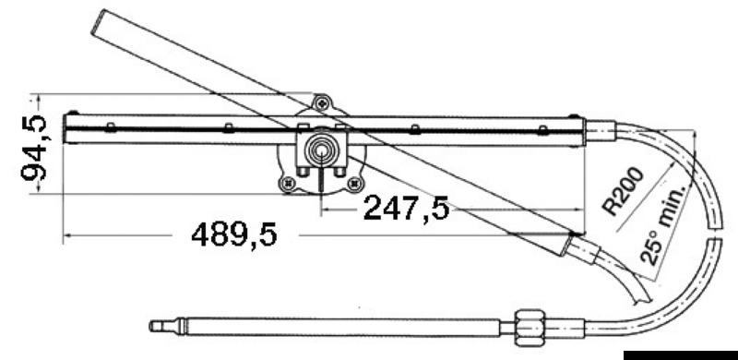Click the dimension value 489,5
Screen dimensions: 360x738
click(x=233, y=236)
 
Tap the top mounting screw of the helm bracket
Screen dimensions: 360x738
click(x=320, y=104)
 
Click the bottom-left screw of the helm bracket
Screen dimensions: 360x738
click(x=290, y=183)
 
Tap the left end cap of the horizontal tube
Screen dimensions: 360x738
click(x=65, y=128)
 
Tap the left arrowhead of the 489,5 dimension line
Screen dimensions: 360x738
click(x=67, y=237)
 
